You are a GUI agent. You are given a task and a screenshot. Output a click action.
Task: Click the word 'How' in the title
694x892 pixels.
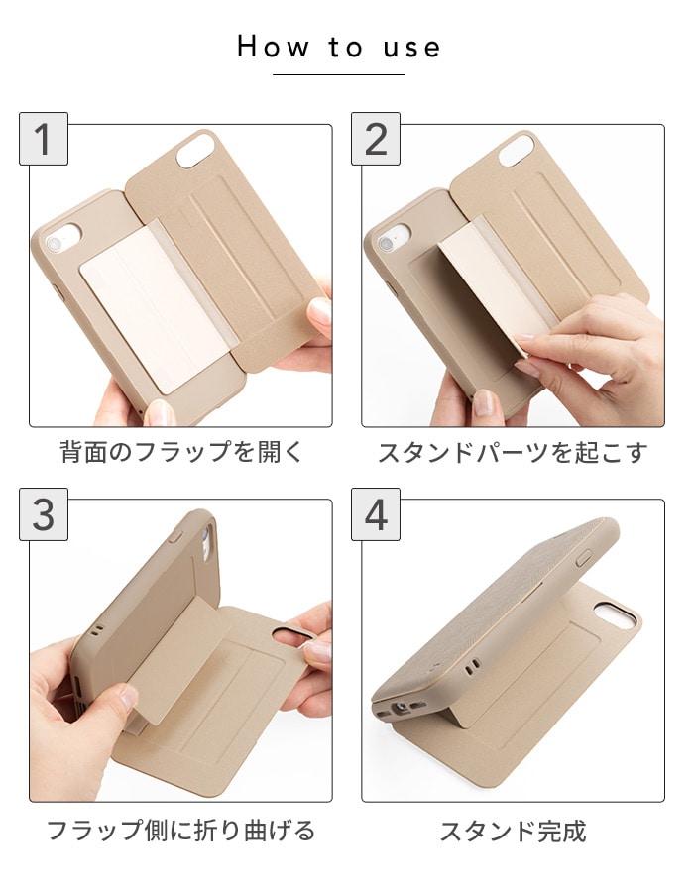coord(273,47)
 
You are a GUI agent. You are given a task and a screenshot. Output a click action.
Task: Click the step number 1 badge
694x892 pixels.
coord(44,139)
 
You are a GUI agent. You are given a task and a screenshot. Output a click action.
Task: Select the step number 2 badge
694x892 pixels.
coord(376,139)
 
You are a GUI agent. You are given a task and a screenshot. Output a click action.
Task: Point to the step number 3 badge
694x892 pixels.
coord(44,514)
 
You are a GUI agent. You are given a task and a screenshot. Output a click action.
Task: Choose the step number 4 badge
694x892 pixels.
coord(376,514)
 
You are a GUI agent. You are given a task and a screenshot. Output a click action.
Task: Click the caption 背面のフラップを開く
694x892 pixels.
coord(181,452)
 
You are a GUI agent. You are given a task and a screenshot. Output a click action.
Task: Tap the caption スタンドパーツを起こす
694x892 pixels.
coord(514,453)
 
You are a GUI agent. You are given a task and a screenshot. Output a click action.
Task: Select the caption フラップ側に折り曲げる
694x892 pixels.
coord(180,831)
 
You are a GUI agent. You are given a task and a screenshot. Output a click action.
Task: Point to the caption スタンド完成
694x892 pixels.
coord(514,832)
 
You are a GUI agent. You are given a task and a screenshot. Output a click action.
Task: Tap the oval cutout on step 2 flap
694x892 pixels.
coord(518,150)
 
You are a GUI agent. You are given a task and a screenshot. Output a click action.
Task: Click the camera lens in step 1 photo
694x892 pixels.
coord(55,245)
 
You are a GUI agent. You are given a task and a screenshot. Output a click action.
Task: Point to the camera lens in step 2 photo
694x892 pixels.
coord(387,244)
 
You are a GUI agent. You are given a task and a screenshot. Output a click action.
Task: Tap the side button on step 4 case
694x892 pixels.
coord(584,558)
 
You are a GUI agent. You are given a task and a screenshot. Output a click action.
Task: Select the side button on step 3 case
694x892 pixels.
coord(175,536)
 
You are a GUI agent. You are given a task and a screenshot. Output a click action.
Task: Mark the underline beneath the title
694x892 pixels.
coord(338,74)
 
